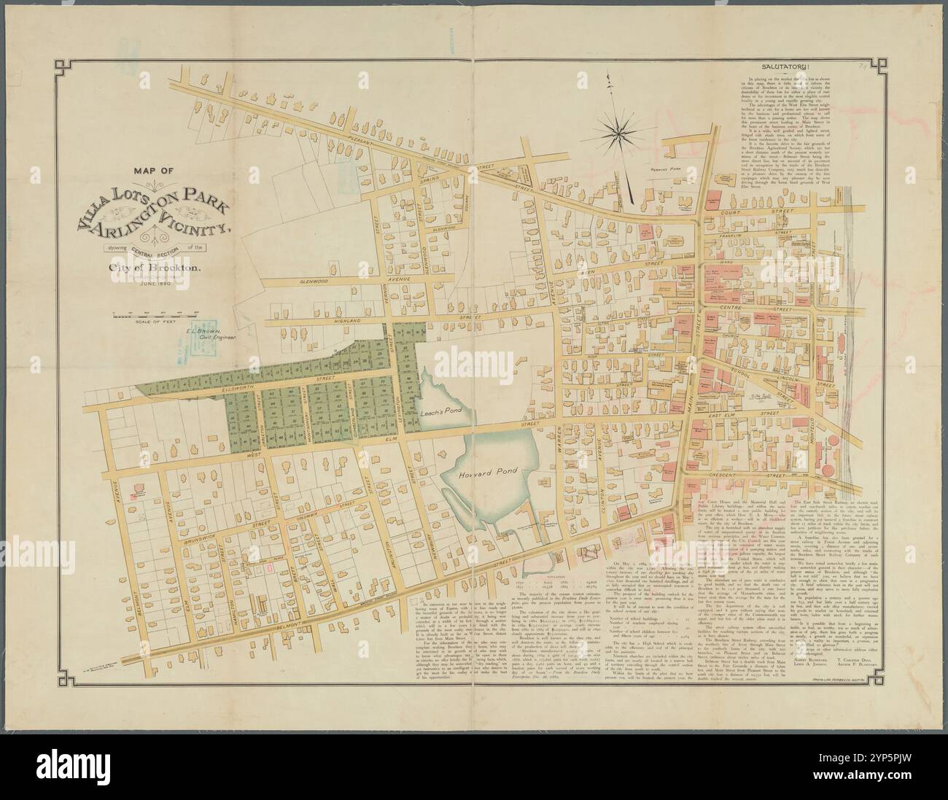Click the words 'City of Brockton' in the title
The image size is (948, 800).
pos(158,268)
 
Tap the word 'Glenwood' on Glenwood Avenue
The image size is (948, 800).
pos(300,279)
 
